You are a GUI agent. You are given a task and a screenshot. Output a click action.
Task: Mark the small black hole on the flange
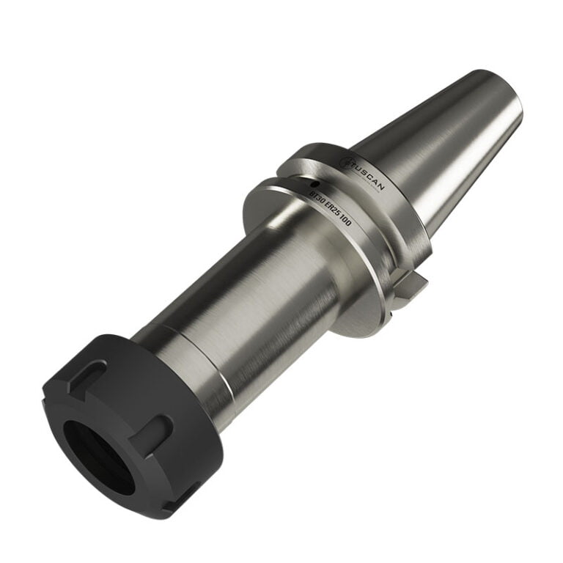(314, 183)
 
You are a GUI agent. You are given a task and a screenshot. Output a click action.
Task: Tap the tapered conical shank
(440, 147)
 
